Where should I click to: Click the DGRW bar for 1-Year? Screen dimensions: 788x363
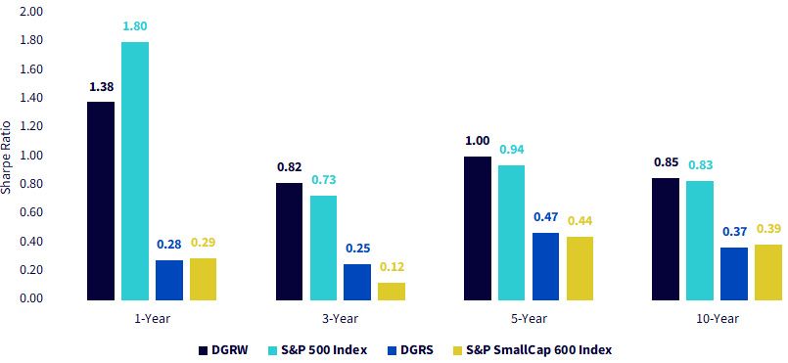(101, 201)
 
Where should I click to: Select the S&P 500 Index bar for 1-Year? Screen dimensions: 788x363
(135, 171)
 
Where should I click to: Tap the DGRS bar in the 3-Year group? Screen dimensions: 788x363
(357, 282)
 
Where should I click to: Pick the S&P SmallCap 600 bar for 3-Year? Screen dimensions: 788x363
(392, 292)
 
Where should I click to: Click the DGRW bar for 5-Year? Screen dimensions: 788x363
(478, 228)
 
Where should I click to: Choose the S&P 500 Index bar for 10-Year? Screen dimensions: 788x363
(700, 241)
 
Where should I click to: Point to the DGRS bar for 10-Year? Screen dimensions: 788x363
(734, 274)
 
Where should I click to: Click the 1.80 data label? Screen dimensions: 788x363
(135, 26)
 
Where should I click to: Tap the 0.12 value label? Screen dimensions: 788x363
(392, 266)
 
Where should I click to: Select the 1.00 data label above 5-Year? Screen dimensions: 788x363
(478, 141)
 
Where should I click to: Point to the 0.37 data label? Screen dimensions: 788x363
(734, 232)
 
